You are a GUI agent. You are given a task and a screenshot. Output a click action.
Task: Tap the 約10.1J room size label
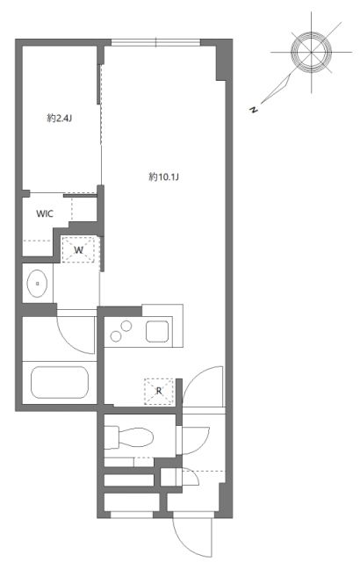click(x=163, y=177)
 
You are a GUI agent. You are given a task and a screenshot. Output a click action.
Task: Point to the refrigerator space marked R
click(x=159, y=391)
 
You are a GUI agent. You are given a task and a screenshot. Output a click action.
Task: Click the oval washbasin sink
click(x=37, y=283)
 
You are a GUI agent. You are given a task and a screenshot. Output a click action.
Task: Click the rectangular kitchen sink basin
click(x=160, y=333)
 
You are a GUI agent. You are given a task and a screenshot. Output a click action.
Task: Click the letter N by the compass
click(x=254, y=109)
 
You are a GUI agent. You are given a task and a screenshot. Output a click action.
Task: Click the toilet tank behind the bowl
click(x=112, y=435)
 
